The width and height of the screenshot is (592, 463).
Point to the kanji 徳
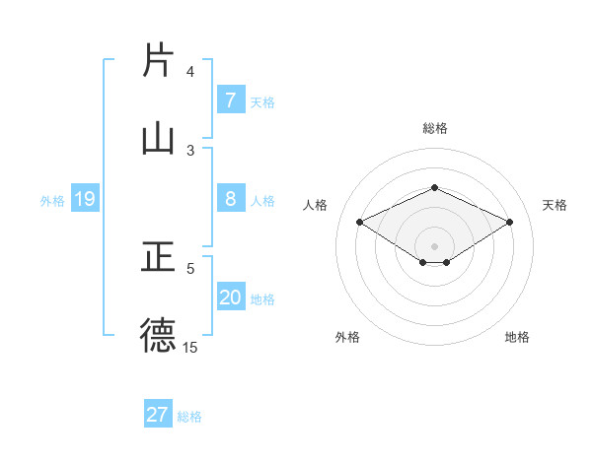pos(159,334)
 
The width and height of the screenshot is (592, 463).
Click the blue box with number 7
pos(230,99)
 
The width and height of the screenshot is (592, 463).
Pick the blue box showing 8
pos(230,199)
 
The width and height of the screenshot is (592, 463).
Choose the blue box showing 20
pos(230,298)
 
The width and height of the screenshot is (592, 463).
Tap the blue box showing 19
pos(84,200)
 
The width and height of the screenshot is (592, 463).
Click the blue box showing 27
pos(158,415)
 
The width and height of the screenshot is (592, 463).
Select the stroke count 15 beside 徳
pos(190,347)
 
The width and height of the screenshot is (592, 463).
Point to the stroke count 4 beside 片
pos(190,72)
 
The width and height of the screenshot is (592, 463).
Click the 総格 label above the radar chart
pos(434,128)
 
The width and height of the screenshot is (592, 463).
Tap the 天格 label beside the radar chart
pos(555,205)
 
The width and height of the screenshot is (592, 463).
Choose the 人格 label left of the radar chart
pos(316,205)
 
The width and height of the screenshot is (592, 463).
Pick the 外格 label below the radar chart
pos(346,337)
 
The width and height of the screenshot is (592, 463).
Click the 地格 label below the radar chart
pos(517,337)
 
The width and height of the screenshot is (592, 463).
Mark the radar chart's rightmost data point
pos(509,223)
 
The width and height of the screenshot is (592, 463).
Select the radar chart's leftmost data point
pos(360,223)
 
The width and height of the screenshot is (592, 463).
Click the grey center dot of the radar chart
pos(434,245)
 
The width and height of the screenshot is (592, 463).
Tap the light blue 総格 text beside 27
pos(189,417)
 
